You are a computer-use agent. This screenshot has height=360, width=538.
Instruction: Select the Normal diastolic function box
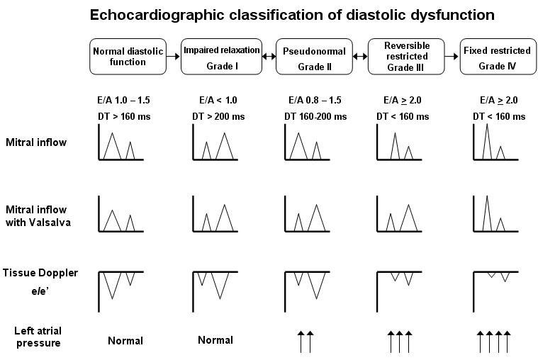[x=128, y=57]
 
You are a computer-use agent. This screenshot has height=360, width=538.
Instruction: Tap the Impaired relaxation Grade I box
[x=221, y=57]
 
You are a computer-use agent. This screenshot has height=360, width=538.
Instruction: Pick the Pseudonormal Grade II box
[x=314, y=57]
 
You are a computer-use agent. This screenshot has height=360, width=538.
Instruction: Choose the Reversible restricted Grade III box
[x=406, y=57]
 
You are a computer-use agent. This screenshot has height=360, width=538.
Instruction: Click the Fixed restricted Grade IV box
[x=498, y=57]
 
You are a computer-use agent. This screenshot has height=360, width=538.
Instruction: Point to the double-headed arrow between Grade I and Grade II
[x=269, y=56]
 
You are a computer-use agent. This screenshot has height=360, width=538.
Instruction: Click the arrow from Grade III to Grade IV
[x=452, y=56]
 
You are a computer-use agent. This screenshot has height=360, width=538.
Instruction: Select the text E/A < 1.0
[x=218, y=100]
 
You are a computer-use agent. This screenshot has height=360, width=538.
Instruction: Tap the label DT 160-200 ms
[x=315, y=117]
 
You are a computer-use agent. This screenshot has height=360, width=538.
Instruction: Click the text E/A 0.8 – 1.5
[x=315, y=100]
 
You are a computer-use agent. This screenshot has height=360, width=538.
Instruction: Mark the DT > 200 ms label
[x=218, y=117]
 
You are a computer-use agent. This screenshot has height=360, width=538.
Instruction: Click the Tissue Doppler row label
[x=40, y=273]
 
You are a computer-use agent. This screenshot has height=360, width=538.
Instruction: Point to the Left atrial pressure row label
[x=38, y=337]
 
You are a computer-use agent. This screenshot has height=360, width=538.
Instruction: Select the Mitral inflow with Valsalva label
[x=38, y=216]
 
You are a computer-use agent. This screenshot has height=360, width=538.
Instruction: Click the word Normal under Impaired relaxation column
[x=215, y=340]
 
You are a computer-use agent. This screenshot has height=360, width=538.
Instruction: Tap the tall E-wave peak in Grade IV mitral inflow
[x=487, y=125]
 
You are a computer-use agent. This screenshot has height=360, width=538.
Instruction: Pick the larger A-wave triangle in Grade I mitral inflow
[x=225, y=146]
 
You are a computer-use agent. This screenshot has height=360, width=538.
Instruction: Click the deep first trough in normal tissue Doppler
[x=112, y=298]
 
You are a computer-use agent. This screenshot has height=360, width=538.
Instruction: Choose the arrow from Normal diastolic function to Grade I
[x=173, y=56]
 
